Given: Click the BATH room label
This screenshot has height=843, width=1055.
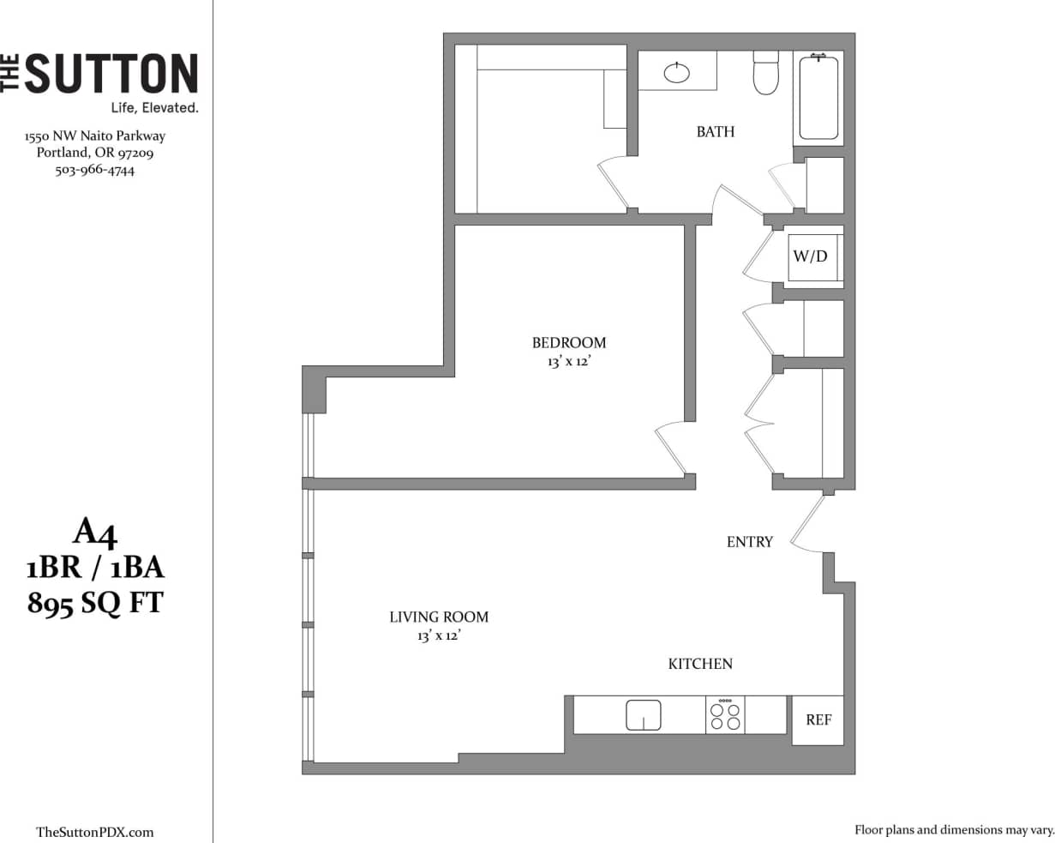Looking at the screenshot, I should pos(715,132).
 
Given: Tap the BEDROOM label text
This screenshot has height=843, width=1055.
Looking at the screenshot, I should pos(568,343).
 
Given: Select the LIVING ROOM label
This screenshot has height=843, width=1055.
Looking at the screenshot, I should pos(439,617).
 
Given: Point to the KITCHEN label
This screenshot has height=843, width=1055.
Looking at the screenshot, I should pos(700,664).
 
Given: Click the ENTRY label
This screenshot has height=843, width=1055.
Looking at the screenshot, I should pos(749,542).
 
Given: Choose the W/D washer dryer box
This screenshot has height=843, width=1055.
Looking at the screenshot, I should pos(811,256).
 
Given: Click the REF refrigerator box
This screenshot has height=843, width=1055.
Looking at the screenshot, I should pos(818,720).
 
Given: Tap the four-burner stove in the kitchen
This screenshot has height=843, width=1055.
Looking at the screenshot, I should pos(724,715).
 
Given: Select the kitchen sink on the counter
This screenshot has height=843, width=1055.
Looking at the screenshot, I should pos(644,714).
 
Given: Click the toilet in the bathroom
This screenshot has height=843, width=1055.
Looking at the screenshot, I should pos(764,74).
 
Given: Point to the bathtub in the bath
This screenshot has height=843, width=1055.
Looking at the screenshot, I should pos(818,95).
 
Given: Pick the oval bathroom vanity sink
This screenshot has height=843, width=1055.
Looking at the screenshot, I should pos(677,73).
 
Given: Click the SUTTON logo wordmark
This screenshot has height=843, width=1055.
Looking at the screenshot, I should pos(110,74).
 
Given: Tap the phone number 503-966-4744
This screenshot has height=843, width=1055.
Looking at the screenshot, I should pos(94,170).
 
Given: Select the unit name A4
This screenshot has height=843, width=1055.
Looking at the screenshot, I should pos(94,533).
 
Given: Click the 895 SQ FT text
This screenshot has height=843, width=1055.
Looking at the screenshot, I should pos(94,603).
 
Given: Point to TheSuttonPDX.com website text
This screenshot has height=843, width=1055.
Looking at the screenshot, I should pos(95,832).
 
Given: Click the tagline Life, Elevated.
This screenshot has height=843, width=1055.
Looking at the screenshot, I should pos(155,108).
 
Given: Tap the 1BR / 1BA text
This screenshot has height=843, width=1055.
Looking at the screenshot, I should pos(94,568).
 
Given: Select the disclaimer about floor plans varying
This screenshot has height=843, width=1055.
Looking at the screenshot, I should pos(953,830).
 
